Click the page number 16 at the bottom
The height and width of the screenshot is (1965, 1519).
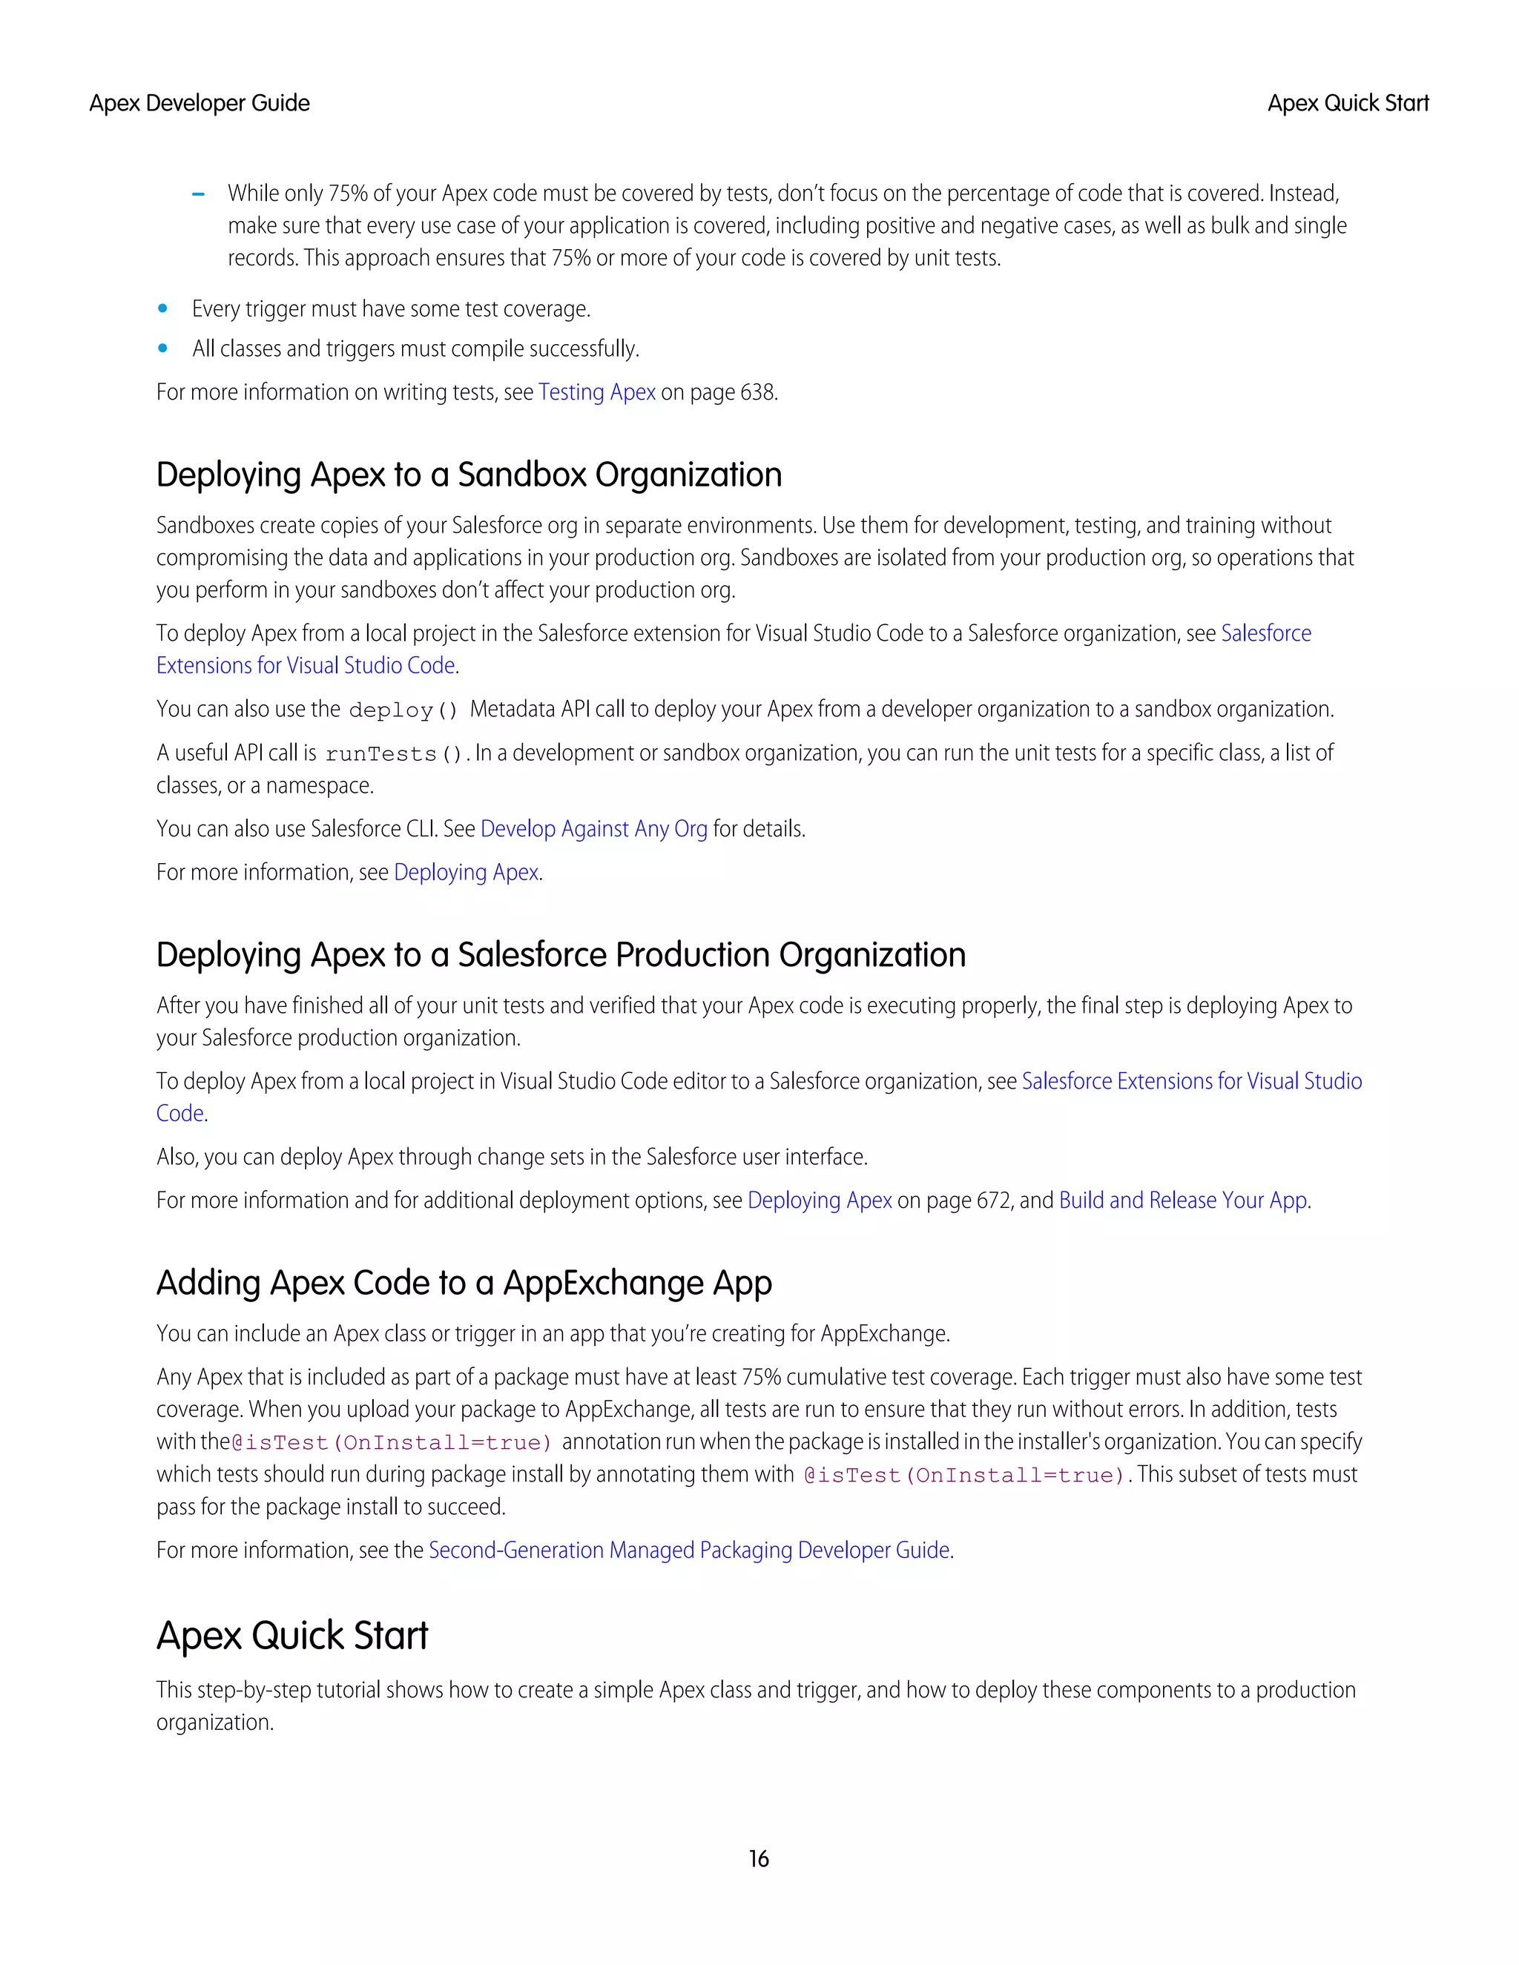[759, 1859]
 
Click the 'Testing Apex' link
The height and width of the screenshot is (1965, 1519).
[596, 392]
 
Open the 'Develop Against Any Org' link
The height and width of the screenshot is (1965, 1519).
[594, 829]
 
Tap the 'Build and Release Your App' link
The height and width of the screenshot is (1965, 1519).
[1182, 1201]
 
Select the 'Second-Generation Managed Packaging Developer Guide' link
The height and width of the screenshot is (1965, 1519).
[689, 1550]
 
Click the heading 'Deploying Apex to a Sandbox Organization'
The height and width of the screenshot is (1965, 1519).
[469, 475]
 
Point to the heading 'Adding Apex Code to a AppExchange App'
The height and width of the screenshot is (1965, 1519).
[464, 1283]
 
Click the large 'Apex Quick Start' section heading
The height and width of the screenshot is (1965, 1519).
[291, 1636]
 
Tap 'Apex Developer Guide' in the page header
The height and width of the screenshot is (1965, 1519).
[199, 104]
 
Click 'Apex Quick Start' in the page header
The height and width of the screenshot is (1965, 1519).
[1347, 104]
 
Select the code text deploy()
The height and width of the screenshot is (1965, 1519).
[403, 711]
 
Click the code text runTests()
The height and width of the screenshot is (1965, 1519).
[393, 754]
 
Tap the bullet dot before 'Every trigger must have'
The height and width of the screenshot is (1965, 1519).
[163, 308]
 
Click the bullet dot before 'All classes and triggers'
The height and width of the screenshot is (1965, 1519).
[163, 349]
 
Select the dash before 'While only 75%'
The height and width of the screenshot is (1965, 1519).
[199, 194]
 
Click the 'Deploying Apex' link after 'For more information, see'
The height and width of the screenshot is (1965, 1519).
[466, 873]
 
